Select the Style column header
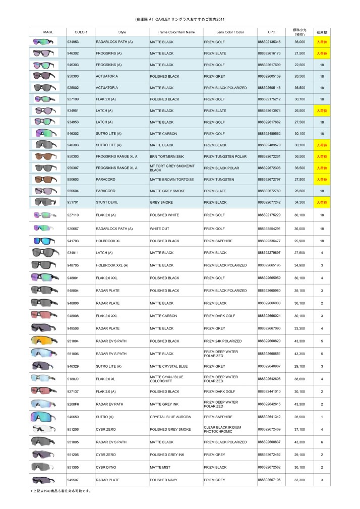click(x=122, y=32)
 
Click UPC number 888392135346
click(x=269, y=42)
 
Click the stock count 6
click(x=322, y=442)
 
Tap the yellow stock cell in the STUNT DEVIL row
click(x=322, y=202)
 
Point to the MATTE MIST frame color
click(x=160, y=467)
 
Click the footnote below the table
click(x=61, y=491)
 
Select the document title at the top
click(x=180, y=19)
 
